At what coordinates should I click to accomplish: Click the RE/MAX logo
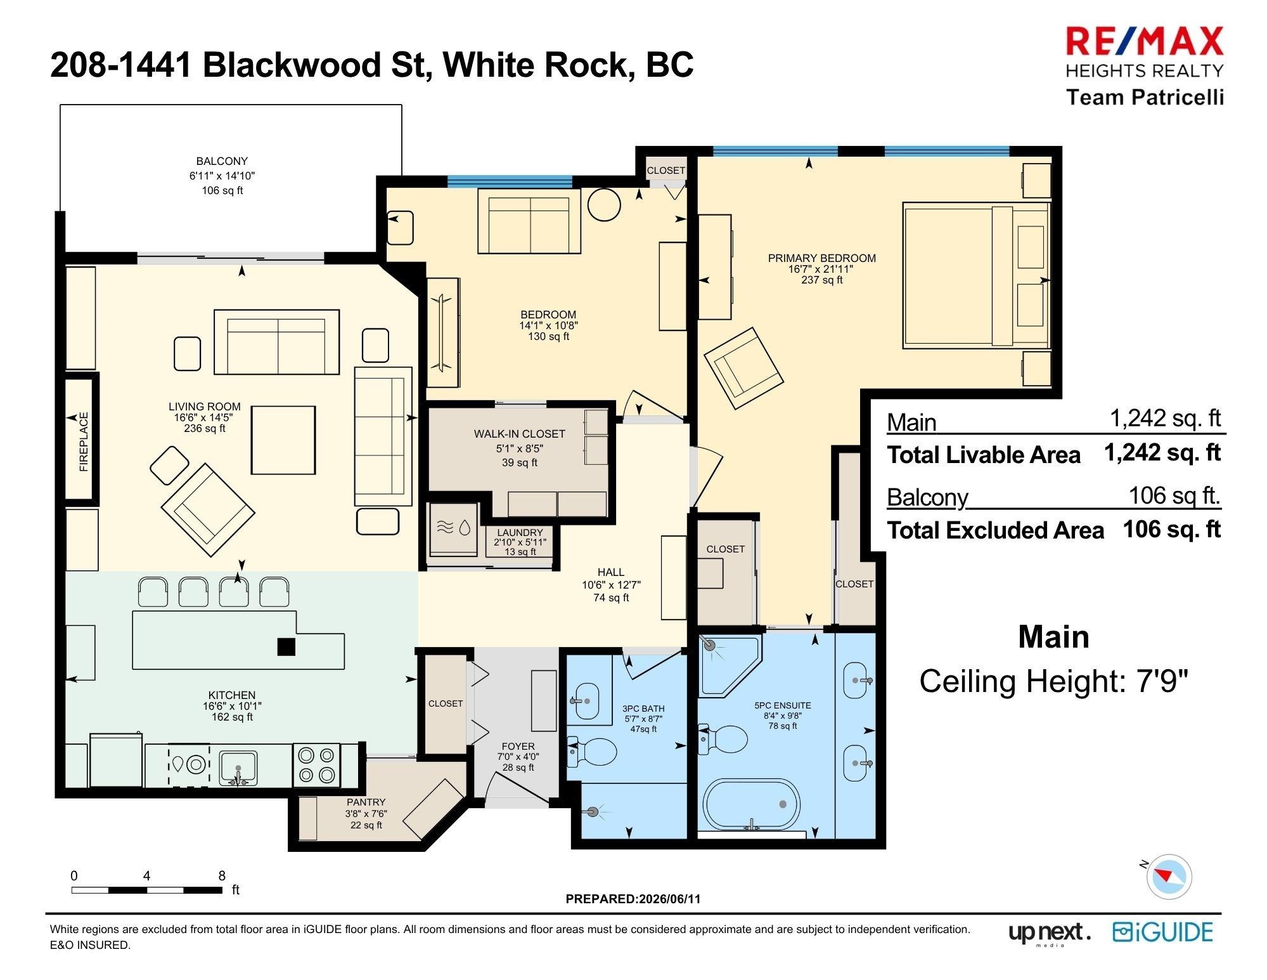tap(1145, 42)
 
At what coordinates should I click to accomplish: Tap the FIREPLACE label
tap(84, 441)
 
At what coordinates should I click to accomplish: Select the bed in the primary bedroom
tap(976, 275)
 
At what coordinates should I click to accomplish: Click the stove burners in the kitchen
tap(316, 764)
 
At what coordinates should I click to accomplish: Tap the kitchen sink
tap(238, 767)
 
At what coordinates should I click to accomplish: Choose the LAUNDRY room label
tap(520, 533)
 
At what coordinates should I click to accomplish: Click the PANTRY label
tap(366, 802)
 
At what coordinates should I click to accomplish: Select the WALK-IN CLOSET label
tap(519, 434)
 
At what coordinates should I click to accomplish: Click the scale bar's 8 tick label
tap(222, 876)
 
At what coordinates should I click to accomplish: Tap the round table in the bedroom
tap(604, 204)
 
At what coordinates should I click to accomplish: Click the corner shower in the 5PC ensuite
tap(730, 666)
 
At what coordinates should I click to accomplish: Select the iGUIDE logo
tap(1162, 932)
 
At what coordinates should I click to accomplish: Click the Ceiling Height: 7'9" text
tap(1053, 681)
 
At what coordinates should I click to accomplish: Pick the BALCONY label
tap(222, 161)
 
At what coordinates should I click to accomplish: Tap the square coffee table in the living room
tap(283, 440)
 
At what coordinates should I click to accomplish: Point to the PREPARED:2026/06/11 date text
tap(633, 899)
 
